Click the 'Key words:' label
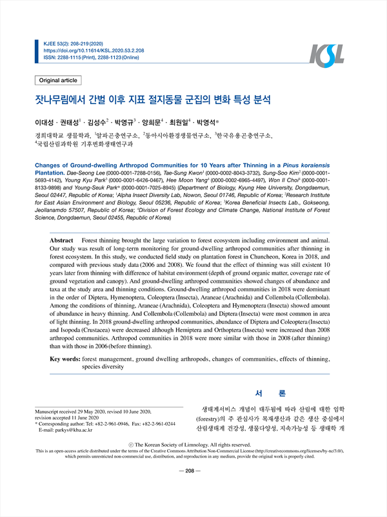click(65, 357)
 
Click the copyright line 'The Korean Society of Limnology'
click(193, 444)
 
